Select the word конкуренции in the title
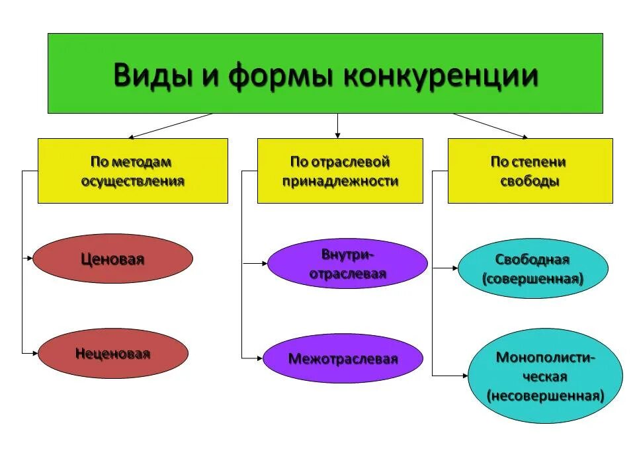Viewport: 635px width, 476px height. [x=441, y=75]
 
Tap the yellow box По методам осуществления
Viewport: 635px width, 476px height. [x=132, y=171]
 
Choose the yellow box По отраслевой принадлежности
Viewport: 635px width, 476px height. [x=340, y=171]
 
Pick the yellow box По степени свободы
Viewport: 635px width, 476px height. [x=530, y=171]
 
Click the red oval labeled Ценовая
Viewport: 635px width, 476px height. [x=112, y=259]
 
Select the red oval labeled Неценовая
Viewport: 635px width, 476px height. [x=112, y=354]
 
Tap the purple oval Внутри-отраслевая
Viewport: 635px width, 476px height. [x=347, y=264]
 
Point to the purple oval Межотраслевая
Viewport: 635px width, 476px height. [x=343, y=359]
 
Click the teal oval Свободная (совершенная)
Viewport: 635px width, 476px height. [x=532, y=268]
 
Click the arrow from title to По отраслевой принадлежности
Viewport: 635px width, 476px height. [x=337, y=126]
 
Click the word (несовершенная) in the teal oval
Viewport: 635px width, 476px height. [x=546, y=396]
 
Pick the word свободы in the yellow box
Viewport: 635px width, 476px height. [x=529, y=182]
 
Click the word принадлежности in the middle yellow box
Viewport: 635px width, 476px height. [x=340, y=182]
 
